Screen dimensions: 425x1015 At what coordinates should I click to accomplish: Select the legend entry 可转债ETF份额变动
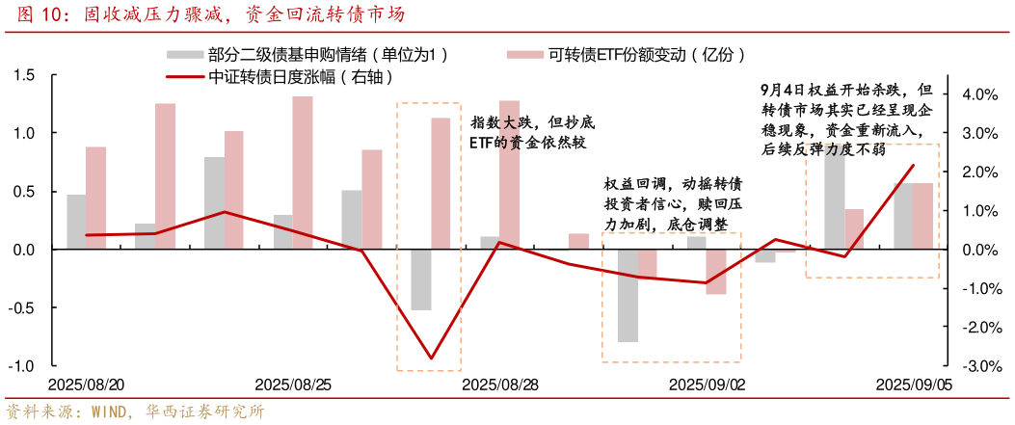646,55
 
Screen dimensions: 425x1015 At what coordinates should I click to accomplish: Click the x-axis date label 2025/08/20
87,385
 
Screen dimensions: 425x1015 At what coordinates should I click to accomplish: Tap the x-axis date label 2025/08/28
499,385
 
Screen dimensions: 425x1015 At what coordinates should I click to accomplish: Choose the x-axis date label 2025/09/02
707,385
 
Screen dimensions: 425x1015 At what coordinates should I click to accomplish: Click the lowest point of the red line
431,359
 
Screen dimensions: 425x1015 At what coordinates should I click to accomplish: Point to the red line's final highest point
913,166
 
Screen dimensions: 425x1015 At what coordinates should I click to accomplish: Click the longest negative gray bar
628,296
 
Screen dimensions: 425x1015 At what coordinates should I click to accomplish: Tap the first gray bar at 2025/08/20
75,222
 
